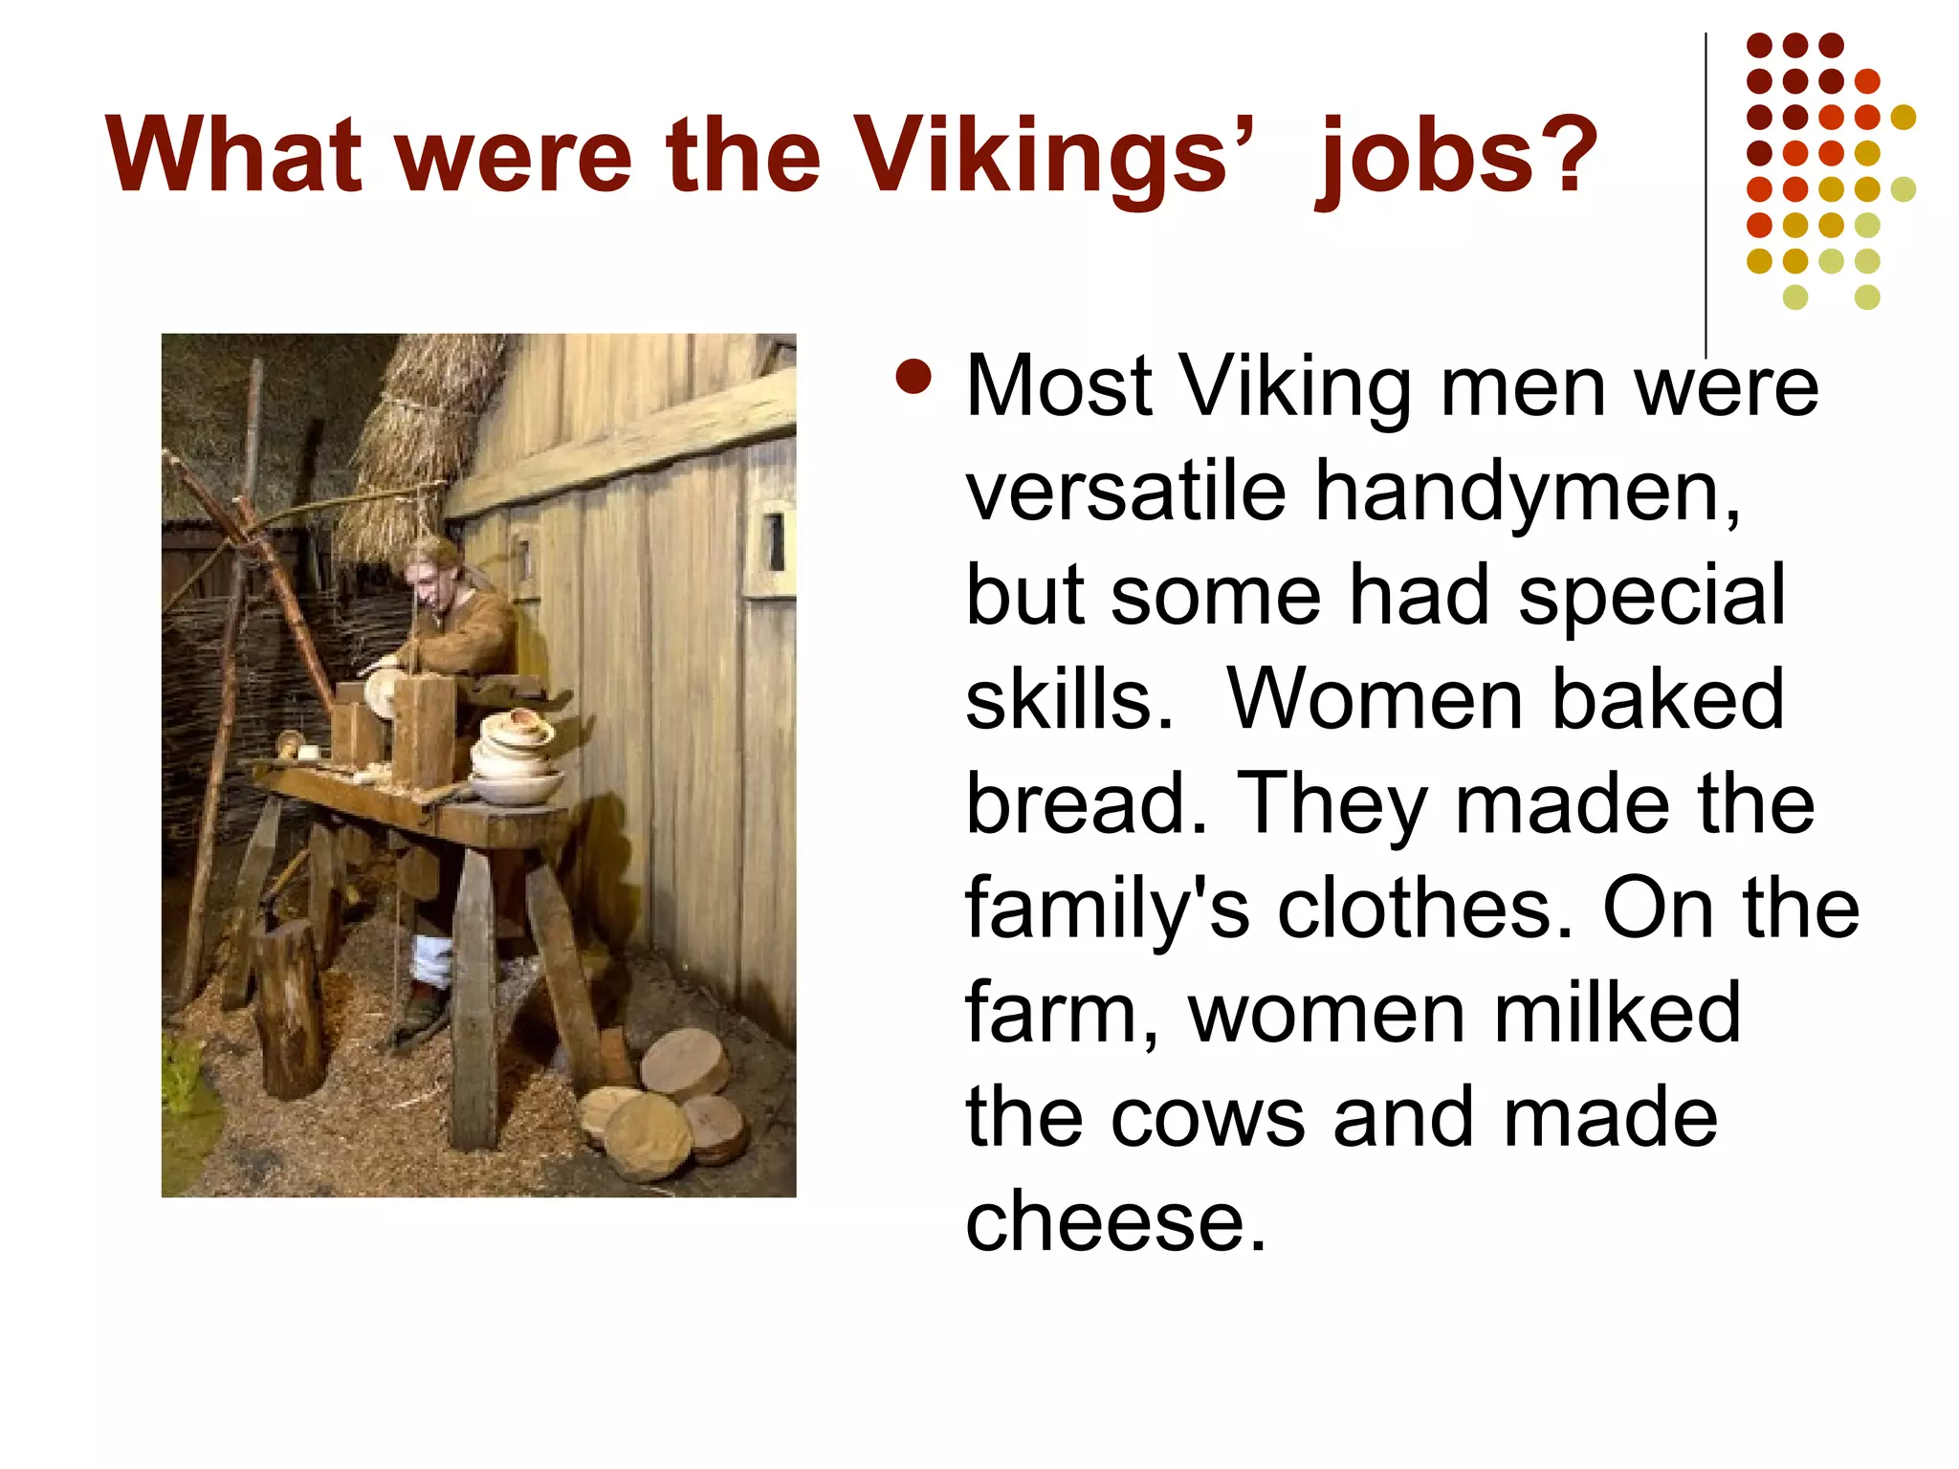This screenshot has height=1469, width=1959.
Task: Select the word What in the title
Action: click(233, 154)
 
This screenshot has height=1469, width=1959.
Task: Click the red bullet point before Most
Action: click(913, 377)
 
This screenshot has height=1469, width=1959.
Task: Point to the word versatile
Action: click(1125, 491)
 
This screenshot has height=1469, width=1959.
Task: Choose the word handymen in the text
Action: click(1527, 491)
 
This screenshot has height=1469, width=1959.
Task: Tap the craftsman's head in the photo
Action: click(429, 573)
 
